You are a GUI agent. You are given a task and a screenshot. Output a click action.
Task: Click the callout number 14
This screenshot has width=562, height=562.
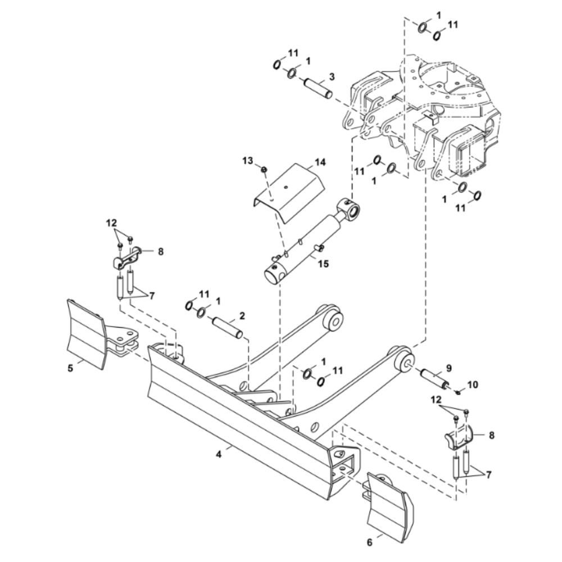320,163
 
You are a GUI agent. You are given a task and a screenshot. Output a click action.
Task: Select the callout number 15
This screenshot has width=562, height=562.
323,264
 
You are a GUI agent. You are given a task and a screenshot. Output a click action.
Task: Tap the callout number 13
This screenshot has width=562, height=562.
248,161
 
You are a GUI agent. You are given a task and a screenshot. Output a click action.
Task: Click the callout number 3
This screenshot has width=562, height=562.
332,76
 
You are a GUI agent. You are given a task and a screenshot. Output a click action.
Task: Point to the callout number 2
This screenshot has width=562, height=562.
242,316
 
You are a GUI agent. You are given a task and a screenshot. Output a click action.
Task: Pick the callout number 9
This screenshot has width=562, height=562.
448,368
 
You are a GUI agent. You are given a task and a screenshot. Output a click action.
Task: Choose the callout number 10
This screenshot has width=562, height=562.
473,385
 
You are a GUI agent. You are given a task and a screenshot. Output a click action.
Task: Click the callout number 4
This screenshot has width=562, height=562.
218,455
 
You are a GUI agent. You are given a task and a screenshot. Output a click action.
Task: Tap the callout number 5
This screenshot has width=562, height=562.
71,368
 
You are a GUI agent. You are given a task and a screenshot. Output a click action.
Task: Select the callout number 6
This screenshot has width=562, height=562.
370,542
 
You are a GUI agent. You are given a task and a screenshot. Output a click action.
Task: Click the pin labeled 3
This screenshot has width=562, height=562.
318,88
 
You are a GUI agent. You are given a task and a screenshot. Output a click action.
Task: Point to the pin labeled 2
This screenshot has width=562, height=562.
228,328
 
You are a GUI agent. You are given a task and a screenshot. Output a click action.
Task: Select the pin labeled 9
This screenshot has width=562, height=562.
434,379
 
